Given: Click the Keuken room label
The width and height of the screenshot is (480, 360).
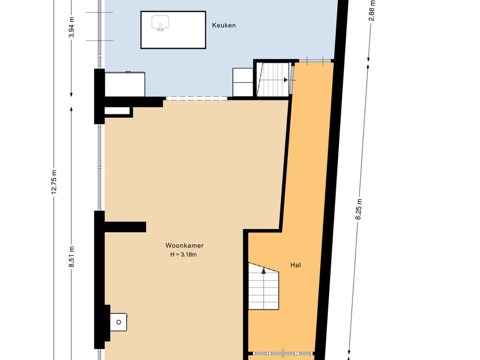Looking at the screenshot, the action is (x=224, y=25).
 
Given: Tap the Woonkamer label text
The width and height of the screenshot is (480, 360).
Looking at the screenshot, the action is (x=184, y=246).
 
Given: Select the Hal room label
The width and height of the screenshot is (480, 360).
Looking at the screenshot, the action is (x=295, y=265).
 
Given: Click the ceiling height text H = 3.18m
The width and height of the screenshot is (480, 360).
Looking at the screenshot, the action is (x=183, y=255).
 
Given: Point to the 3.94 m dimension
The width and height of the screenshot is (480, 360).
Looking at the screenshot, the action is (x=72, y=27).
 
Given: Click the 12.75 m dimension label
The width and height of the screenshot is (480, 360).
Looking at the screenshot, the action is (x=54, y=181).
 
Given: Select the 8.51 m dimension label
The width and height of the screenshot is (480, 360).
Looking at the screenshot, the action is (x=72, y=257).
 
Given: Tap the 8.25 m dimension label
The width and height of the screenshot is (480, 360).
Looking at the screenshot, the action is (x=359, y=209).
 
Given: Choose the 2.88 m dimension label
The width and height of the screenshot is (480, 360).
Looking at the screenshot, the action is (x=372, y=11).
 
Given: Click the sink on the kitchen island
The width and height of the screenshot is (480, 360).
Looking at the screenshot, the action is (x=160, y=23).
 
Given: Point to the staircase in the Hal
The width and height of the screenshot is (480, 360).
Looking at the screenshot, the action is (x=263, y=286).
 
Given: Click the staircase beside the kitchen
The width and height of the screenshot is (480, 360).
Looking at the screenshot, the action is (x=273, y=79).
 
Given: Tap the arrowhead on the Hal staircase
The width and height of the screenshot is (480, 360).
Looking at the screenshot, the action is (x=263, y=270).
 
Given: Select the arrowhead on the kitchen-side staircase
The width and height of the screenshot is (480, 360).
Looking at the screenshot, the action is (x=285, y=80).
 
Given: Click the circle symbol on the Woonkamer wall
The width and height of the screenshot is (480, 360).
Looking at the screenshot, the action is (x=119, y=322).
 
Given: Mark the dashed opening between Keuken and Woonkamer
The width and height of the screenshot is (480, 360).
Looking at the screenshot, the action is (x=196, y=98).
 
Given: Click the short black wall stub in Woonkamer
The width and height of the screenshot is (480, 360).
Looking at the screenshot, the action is (x=125, y=227).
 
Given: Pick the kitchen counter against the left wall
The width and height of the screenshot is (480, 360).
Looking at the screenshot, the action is (x=125, y=84).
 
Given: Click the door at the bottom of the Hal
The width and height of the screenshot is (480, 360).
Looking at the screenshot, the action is (x=281, y=353).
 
